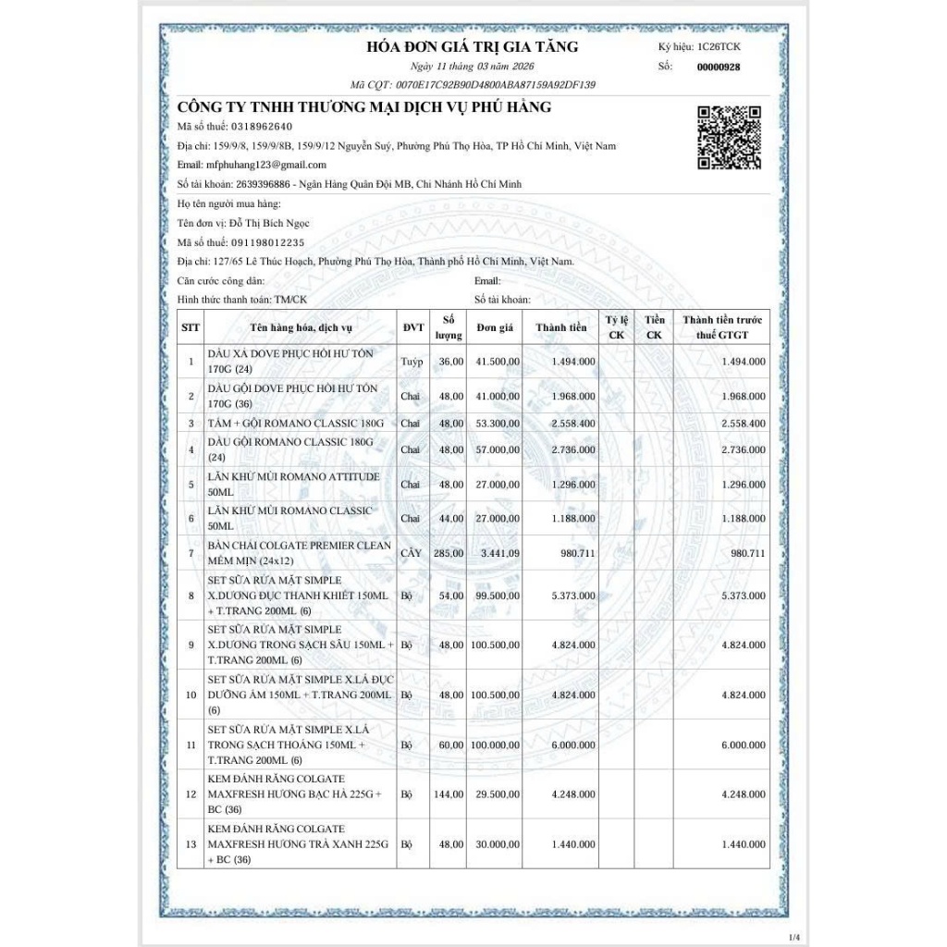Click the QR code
[x=728, y=137]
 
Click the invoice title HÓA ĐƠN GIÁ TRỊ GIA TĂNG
[x=473, y=47]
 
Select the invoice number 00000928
[x=718, y=67]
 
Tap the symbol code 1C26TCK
[x=719, y=47]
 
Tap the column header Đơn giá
[x=495, y=327]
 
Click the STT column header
[x=191, y=327]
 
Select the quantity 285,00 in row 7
[x=449, y=554]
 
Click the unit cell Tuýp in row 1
[x=412, y=362]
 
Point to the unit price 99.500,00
[x=496, y=596]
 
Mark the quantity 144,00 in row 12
[x=449, y=794]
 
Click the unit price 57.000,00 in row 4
[x=496, y=449]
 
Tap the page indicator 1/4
[x=794, y=935]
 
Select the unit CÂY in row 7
[x=410, y=554]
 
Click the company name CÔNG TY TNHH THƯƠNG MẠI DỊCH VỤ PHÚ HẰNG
[x=364, y=107]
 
